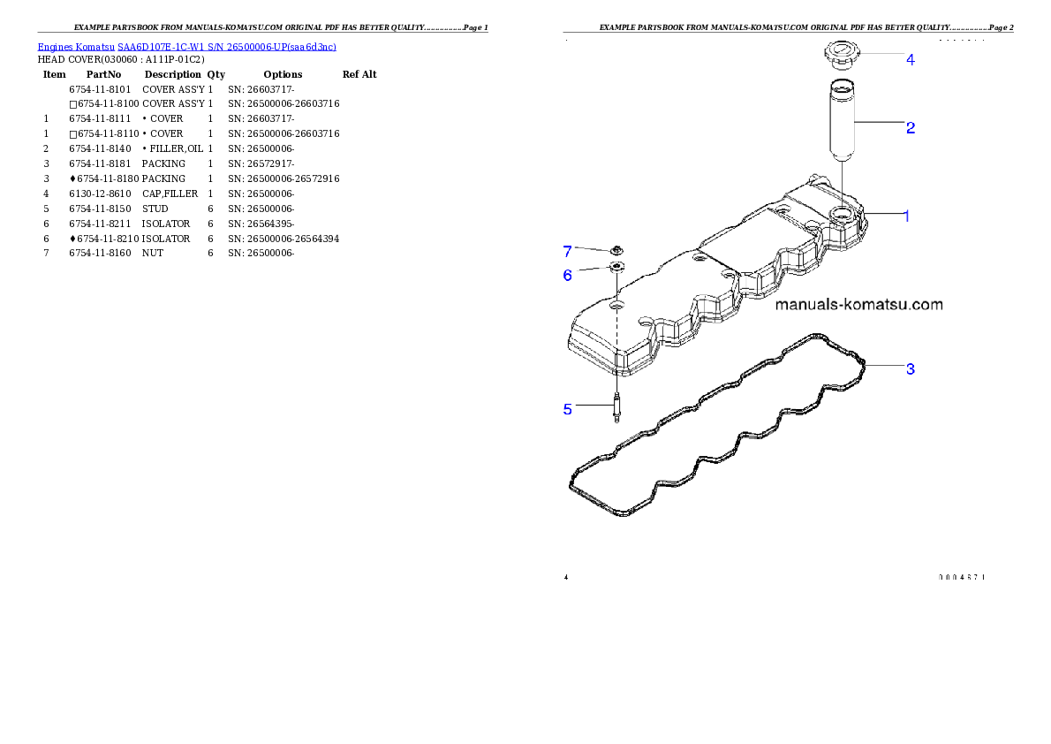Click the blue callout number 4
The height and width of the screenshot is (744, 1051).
tap(910, 60)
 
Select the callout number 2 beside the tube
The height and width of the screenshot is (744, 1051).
tap(910, 127)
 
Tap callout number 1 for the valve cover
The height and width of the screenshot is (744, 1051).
tap(905, 216)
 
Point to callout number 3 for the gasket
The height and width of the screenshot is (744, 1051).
tap(910, 369)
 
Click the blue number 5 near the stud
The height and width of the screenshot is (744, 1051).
tap(568, 409)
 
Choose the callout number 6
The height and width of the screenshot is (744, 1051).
tap(568, 276)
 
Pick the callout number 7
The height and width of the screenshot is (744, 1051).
tap(568, 251)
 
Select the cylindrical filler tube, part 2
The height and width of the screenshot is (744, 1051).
tap(842, 119)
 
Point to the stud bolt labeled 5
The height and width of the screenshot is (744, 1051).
tap(616, 409)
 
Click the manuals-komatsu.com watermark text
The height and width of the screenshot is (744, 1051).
tap(858, 305)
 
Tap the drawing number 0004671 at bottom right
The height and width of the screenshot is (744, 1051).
tap(961, 577)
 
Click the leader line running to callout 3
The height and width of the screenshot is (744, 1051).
tap(885, 367)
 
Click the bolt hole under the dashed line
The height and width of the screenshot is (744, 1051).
tap(616, 305)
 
